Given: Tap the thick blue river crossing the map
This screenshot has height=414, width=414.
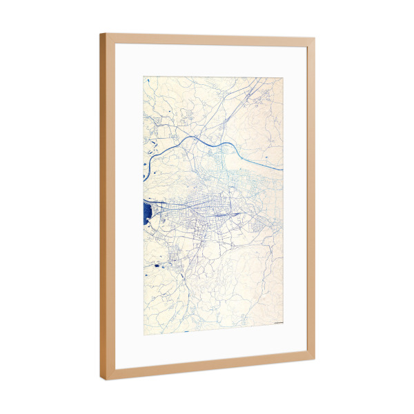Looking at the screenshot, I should pyautogui.click(x=207, y=142).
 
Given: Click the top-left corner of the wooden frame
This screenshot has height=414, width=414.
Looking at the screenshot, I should pyautogui.click(x=101, y=34).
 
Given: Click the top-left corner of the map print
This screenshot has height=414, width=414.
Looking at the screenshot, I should pyautogui.click(x=144, y=77).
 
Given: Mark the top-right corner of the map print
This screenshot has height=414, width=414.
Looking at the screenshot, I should pyautogui.click(x=283, y=77).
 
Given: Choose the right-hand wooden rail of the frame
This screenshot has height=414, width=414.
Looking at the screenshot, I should pyautogui.click(x=310, y=200).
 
